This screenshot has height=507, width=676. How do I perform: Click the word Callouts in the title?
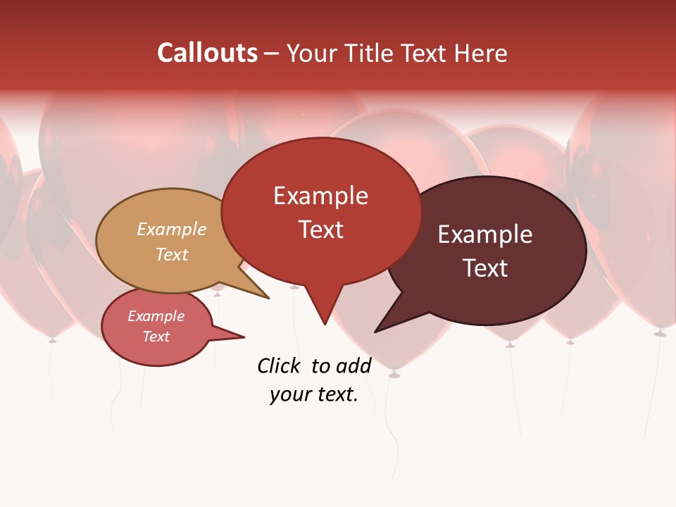point(207,53)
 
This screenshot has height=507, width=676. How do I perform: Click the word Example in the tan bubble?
point(172,230)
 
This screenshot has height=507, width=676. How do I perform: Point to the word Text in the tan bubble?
point(172,254)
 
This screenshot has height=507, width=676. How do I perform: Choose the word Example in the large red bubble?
point(320,196)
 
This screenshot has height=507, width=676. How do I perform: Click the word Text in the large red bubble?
point(320,230)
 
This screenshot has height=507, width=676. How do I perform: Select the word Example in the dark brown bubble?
point(485,234)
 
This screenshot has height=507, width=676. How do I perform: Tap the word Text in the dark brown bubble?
point(485,268)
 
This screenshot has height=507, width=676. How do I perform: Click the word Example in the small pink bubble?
point(156,316)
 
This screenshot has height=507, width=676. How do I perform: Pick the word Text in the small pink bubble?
point(156,337)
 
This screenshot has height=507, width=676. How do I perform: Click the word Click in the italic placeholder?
point(278,366)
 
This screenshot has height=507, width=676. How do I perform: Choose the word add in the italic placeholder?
point(353,366)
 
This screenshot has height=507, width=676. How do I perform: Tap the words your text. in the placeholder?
point(314,394)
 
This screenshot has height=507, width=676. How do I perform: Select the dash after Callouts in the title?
point(272,53)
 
